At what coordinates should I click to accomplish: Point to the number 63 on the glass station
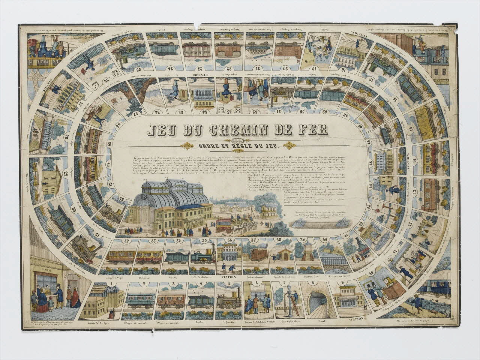point(144,195)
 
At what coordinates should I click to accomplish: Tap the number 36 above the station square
point(228,241)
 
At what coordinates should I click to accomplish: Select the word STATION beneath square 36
point(228,278)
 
